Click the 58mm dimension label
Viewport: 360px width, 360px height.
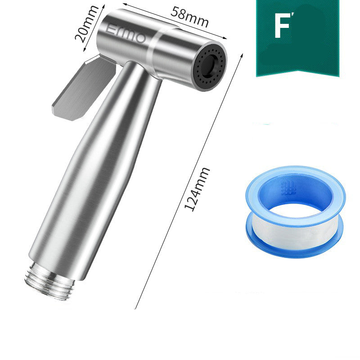click(189, 17)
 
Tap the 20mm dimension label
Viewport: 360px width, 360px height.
click(86, 24)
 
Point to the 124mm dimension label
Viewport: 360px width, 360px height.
click(197, 189)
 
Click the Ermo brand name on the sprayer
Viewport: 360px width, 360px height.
click(126, 34)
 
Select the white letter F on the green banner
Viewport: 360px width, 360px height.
click(282, 25)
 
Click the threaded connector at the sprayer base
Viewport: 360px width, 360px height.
click(49, 282)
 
